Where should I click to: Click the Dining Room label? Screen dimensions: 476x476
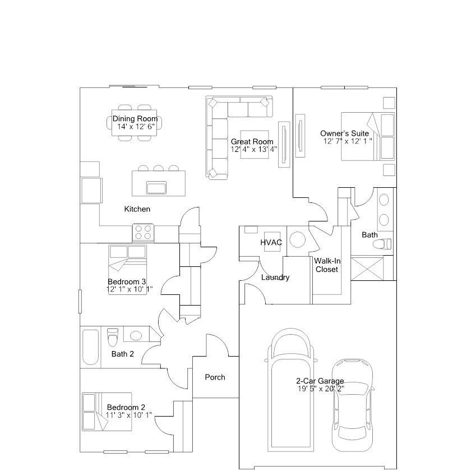tap(135, 118)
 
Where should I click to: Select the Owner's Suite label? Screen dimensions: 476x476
tap(344, 133)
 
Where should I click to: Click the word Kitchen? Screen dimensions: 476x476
tap(137, 209)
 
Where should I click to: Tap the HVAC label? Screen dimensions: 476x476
tap(270, 242)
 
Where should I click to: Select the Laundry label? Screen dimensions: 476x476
tap(275, 278)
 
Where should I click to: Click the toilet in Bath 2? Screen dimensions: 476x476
tap(113, 337)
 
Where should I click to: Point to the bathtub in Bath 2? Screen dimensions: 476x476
tap(90, 347)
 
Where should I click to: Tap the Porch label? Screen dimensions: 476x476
tap(215, 377)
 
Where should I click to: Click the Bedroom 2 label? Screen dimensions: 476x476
tap(126, 407)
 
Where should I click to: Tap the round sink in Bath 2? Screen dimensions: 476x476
tap(136, 336)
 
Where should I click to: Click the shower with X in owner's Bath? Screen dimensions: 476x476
tap(368, 268)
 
